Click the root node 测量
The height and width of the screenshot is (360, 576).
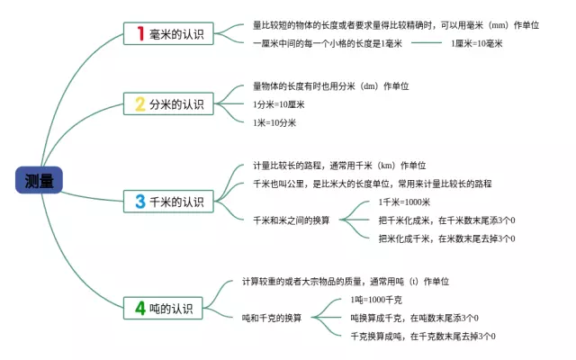click(x=40, y=180)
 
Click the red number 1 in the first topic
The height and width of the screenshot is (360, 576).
click(x=140, y=35)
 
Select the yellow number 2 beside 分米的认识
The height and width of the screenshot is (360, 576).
click(x=140, y=104)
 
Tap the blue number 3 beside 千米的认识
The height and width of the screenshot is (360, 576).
click(x=140, y=202)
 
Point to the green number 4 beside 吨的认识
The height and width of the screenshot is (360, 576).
click(x=140, y=308)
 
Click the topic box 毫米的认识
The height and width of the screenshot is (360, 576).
click(x=167, y=35)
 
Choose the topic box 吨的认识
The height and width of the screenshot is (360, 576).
click(x=167, y=308)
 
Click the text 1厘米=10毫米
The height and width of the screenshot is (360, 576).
click(x=477, y=42)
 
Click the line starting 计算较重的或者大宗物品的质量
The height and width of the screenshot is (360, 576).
click(x=346, y=282)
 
